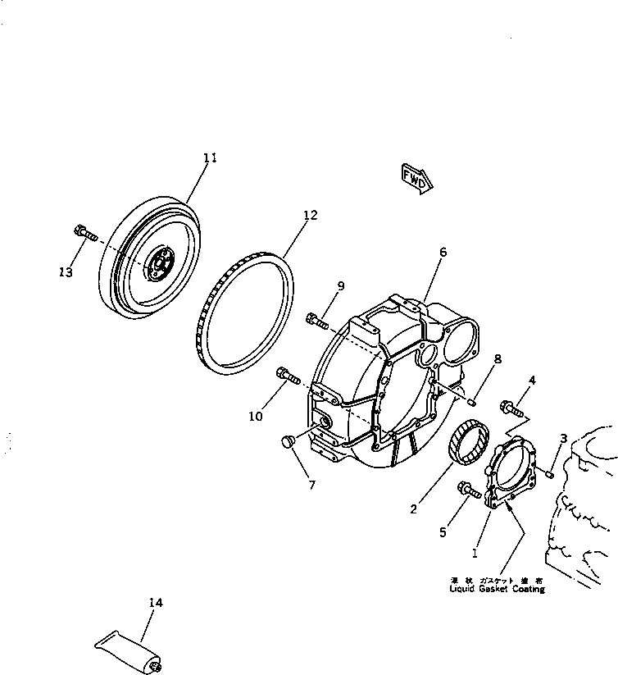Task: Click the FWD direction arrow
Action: coord(415,178)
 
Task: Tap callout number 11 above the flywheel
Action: coord(210,157)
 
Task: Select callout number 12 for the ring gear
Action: coord(309,216)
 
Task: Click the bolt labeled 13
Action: coord(83,234)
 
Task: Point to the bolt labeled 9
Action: coord(319,320)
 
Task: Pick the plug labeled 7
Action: coord(288,443)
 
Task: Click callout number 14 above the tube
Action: coord(156,604)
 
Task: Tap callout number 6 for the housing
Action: coord(443,253)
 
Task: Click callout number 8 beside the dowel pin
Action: coord(497,358)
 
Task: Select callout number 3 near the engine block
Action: coord(563,440)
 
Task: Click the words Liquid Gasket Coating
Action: coord(496,589)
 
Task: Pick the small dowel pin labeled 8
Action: coord(473,401)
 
